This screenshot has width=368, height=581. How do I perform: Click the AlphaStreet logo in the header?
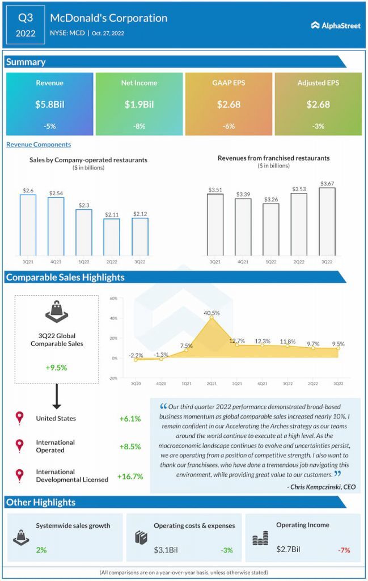coord(336,25)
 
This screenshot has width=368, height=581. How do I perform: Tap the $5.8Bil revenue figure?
coord(49,104)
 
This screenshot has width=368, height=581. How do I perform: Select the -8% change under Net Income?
coord(139,126)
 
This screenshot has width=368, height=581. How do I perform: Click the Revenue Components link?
coord(39,145)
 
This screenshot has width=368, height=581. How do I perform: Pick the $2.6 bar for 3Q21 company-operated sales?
coord(28,225)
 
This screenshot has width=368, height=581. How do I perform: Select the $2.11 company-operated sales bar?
coord(112,237)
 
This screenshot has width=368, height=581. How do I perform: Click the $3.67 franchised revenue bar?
coord(327,222)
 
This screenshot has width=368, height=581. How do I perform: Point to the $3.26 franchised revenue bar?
coord(271,229)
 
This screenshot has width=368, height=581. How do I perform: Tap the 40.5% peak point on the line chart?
coord(212,318)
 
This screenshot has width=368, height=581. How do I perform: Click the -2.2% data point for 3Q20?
coord(136,360)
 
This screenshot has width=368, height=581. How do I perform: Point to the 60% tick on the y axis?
coord(113,298)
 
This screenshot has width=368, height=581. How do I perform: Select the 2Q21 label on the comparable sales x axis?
coord(212,384)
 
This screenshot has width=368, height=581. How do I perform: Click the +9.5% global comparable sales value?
coord(56,368)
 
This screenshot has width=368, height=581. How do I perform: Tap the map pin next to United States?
coord(20,418)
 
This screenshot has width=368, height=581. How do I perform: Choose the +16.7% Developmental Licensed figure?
coord(130,477)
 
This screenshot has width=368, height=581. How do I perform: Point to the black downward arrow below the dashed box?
coord(57,396)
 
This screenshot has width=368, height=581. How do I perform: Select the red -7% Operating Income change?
coord(344,550)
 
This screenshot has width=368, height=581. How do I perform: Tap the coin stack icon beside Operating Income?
coord(260,538)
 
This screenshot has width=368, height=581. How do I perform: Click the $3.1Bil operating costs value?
coord(166,550)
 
